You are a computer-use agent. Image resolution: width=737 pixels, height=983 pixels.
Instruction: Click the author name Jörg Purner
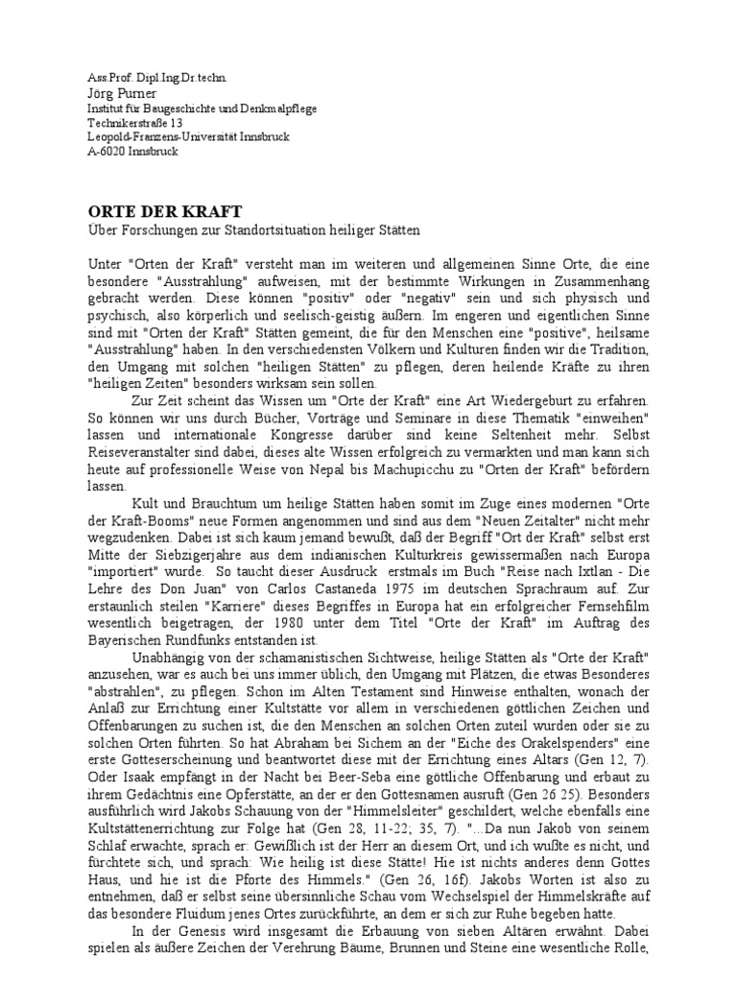(109, 93)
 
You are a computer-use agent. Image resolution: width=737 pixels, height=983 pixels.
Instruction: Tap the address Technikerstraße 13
(130, 123)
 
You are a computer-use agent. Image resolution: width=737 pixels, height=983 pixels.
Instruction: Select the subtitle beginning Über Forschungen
(248, 231)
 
